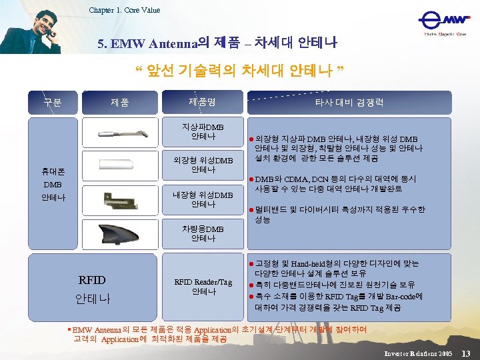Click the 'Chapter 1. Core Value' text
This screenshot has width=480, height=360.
point(125,10)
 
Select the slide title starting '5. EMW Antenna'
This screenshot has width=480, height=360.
point(217,44)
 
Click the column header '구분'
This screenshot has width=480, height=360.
point(53,103)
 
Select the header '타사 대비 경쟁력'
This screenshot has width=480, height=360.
point(350,103)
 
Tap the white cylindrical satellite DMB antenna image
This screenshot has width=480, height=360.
point(120,164)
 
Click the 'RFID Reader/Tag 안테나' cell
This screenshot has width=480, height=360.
point(203,286)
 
